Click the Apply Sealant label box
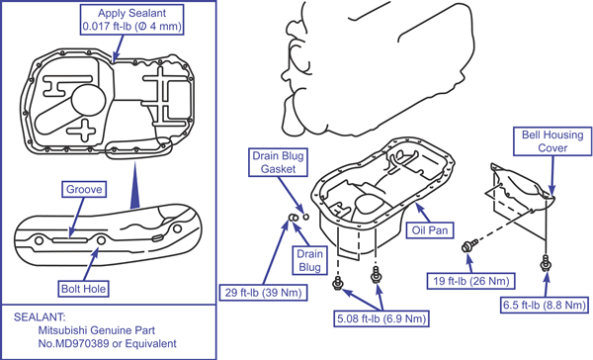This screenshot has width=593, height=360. coord(132,20)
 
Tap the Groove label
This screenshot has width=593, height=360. coord(84,189)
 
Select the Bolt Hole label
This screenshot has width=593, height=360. coord(84,289)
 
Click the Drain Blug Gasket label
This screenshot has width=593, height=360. coord(278,162)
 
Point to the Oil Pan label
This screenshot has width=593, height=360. coord(430,230)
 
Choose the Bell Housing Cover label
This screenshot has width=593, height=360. coord(552,141)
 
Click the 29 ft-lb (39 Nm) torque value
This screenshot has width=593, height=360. coord(263,293)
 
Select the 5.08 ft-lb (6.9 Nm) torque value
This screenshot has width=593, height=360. coord(381,318)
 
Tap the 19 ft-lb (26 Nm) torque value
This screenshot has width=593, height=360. coord(470,281)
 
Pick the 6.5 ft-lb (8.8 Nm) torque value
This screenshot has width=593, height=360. coord(545,305)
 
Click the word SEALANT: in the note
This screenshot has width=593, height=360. coord(40,316)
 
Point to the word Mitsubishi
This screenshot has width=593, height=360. coord(62,330)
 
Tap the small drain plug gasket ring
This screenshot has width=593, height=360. coord(306,217)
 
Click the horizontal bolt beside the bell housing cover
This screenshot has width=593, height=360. coord(469,245)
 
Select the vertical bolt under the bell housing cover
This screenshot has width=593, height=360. coord(546,263)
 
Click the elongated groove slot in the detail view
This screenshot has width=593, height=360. coord(70,240)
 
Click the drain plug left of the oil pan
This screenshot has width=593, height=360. coord(294,218)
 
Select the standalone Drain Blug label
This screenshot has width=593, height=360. coord(309,260)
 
